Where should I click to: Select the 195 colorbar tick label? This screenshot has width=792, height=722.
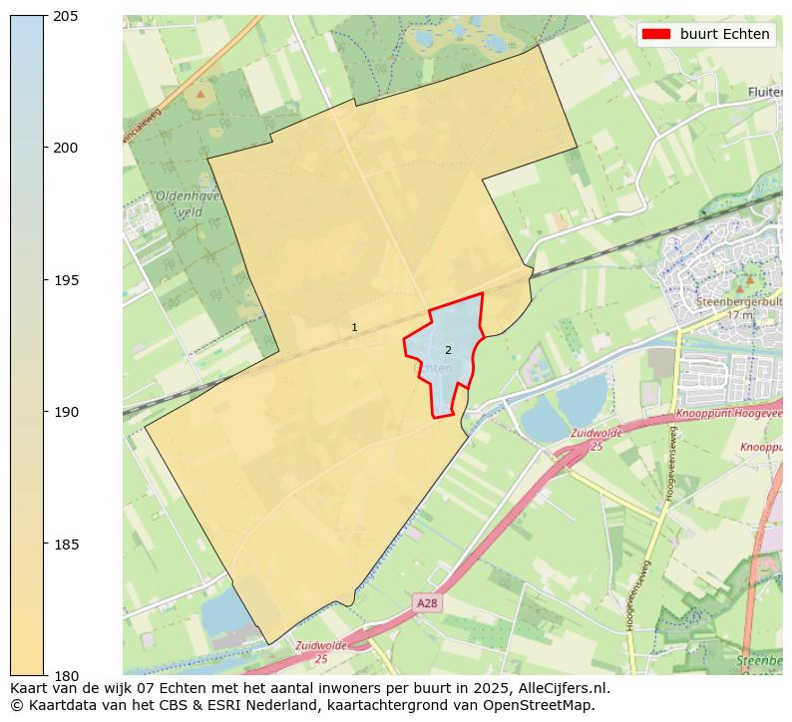(67, 280)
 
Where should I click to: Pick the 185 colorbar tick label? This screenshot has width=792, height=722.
(67, 544)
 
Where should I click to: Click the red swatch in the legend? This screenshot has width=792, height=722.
(655, 34)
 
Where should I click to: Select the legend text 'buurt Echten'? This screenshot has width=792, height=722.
(724, 34)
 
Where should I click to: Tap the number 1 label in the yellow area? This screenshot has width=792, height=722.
(354, 327)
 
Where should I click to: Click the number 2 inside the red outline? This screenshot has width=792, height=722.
(448, 350)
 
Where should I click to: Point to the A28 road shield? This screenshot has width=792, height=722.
(427, 603)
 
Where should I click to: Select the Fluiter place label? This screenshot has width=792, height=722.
(764, 93)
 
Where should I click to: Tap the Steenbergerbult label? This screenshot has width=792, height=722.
(738, 301)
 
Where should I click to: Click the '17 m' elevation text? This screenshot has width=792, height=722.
(740, 315)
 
